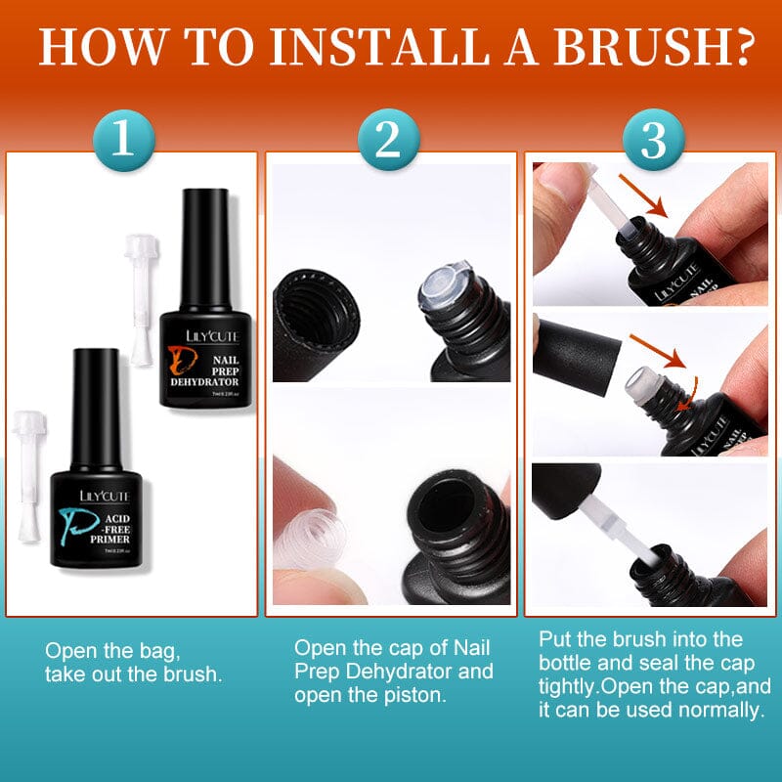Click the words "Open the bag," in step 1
coord(113,650)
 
